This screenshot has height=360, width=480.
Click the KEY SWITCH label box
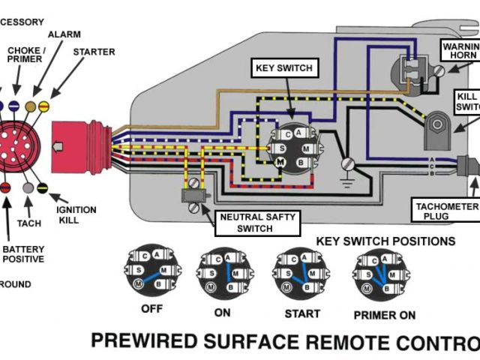pos(283,68)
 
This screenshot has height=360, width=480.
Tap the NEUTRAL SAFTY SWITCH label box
pos(257,222)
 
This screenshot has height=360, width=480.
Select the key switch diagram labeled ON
pos(223,272)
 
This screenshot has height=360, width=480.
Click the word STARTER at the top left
pos(94,52)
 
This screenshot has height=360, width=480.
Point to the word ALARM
pos(65,34)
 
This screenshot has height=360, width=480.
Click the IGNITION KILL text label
pos(76,205)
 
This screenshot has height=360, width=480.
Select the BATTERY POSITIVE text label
pos(23,254)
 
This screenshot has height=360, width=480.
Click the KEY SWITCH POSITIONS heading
pos(385,241)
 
